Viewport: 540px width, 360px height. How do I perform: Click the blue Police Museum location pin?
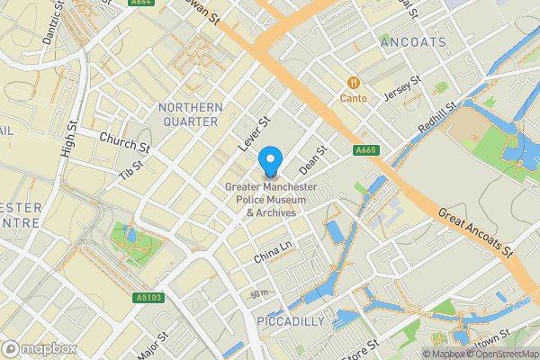tap(269, 163)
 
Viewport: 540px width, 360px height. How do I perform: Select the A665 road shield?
tap(365, 150)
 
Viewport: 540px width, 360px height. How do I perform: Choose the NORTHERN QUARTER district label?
tap(188, 114)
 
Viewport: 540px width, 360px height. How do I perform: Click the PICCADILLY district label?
tap(291, 321)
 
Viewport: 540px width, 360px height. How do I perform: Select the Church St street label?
tap(124, 142)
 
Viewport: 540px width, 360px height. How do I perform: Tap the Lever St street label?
tap(254, 134)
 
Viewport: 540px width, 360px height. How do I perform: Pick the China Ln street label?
tap(274, 251)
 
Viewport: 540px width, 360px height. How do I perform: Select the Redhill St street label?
tap(439, 119)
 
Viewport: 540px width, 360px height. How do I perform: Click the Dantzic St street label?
tap(53, 24)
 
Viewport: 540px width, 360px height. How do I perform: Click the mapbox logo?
tap(40, 348)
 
